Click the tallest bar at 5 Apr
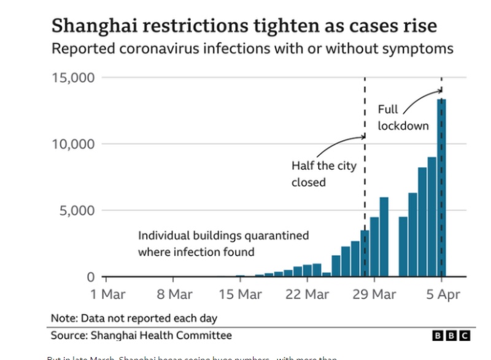[441, 187]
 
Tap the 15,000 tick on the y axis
[72, 77]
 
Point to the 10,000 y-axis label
[72, 144]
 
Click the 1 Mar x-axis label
[108, 294]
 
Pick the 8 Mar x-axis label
[174, 294]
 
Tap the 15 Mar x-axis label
[241, 294]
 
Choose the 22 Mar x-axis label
[307, 294]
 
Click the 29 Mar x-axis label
[374, 294]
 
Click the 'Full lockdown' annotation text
[403, 118]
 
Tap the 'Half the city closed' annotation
[323, 174]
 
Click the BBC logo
[451, 335]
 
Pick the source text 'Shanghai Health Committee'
[161, 335]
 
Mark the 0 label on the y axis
[90, 277]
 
